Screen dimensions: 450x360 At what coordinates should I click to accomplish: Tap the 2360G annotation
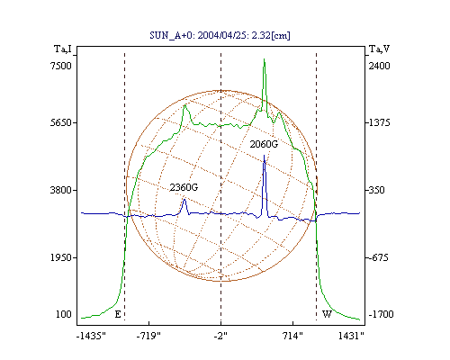[184, 187]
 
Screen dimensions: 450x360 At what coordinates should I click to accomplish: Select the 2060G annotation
[264, 144]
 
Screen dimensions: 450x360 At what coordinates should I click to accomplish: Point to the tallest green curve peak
[264, 59]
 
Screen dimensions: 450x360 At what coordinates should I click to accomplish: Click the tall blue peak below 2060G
[264, 156]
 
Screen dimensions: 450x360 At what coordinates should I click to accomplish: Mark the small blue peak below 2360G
[184, 200]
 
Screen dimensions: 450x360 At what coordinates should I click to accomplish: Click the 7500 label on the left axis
[61, 66]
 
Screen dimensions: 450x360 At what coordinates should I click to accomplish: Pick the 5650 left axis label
[61, 122]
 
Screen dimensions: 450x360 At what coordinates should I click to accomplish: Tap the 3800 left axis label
[61, 190]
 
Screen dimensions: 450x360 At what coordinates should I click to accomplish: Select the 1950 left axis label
[61, 257]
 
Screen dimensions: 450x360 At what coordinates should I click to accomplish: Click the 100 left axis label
[64, 314]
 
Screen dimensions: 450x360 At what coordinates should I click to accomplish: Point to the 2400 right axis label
[379, 66]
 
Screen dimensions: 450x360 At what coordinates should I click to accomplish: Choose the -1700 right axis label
[381, 314]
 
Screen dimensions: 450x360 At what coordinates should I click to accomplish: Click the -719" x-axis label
[148, 336]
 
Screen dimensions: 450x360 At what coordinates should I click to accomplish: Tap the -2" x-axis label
[220, 336]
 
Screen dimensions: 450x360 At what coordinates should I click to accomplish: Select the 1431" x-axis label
[351, 336]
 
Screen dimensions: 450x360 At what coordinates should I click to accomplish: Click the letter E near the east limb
[118, 314]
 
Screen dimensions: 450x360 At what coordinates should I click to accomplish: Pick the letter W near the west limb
[327, 314]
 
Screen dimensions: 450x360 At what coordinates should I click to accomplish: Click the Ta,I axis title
[63, 49]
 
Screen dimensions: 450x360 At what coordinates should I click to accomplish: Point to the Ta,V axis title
[379, 49]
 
